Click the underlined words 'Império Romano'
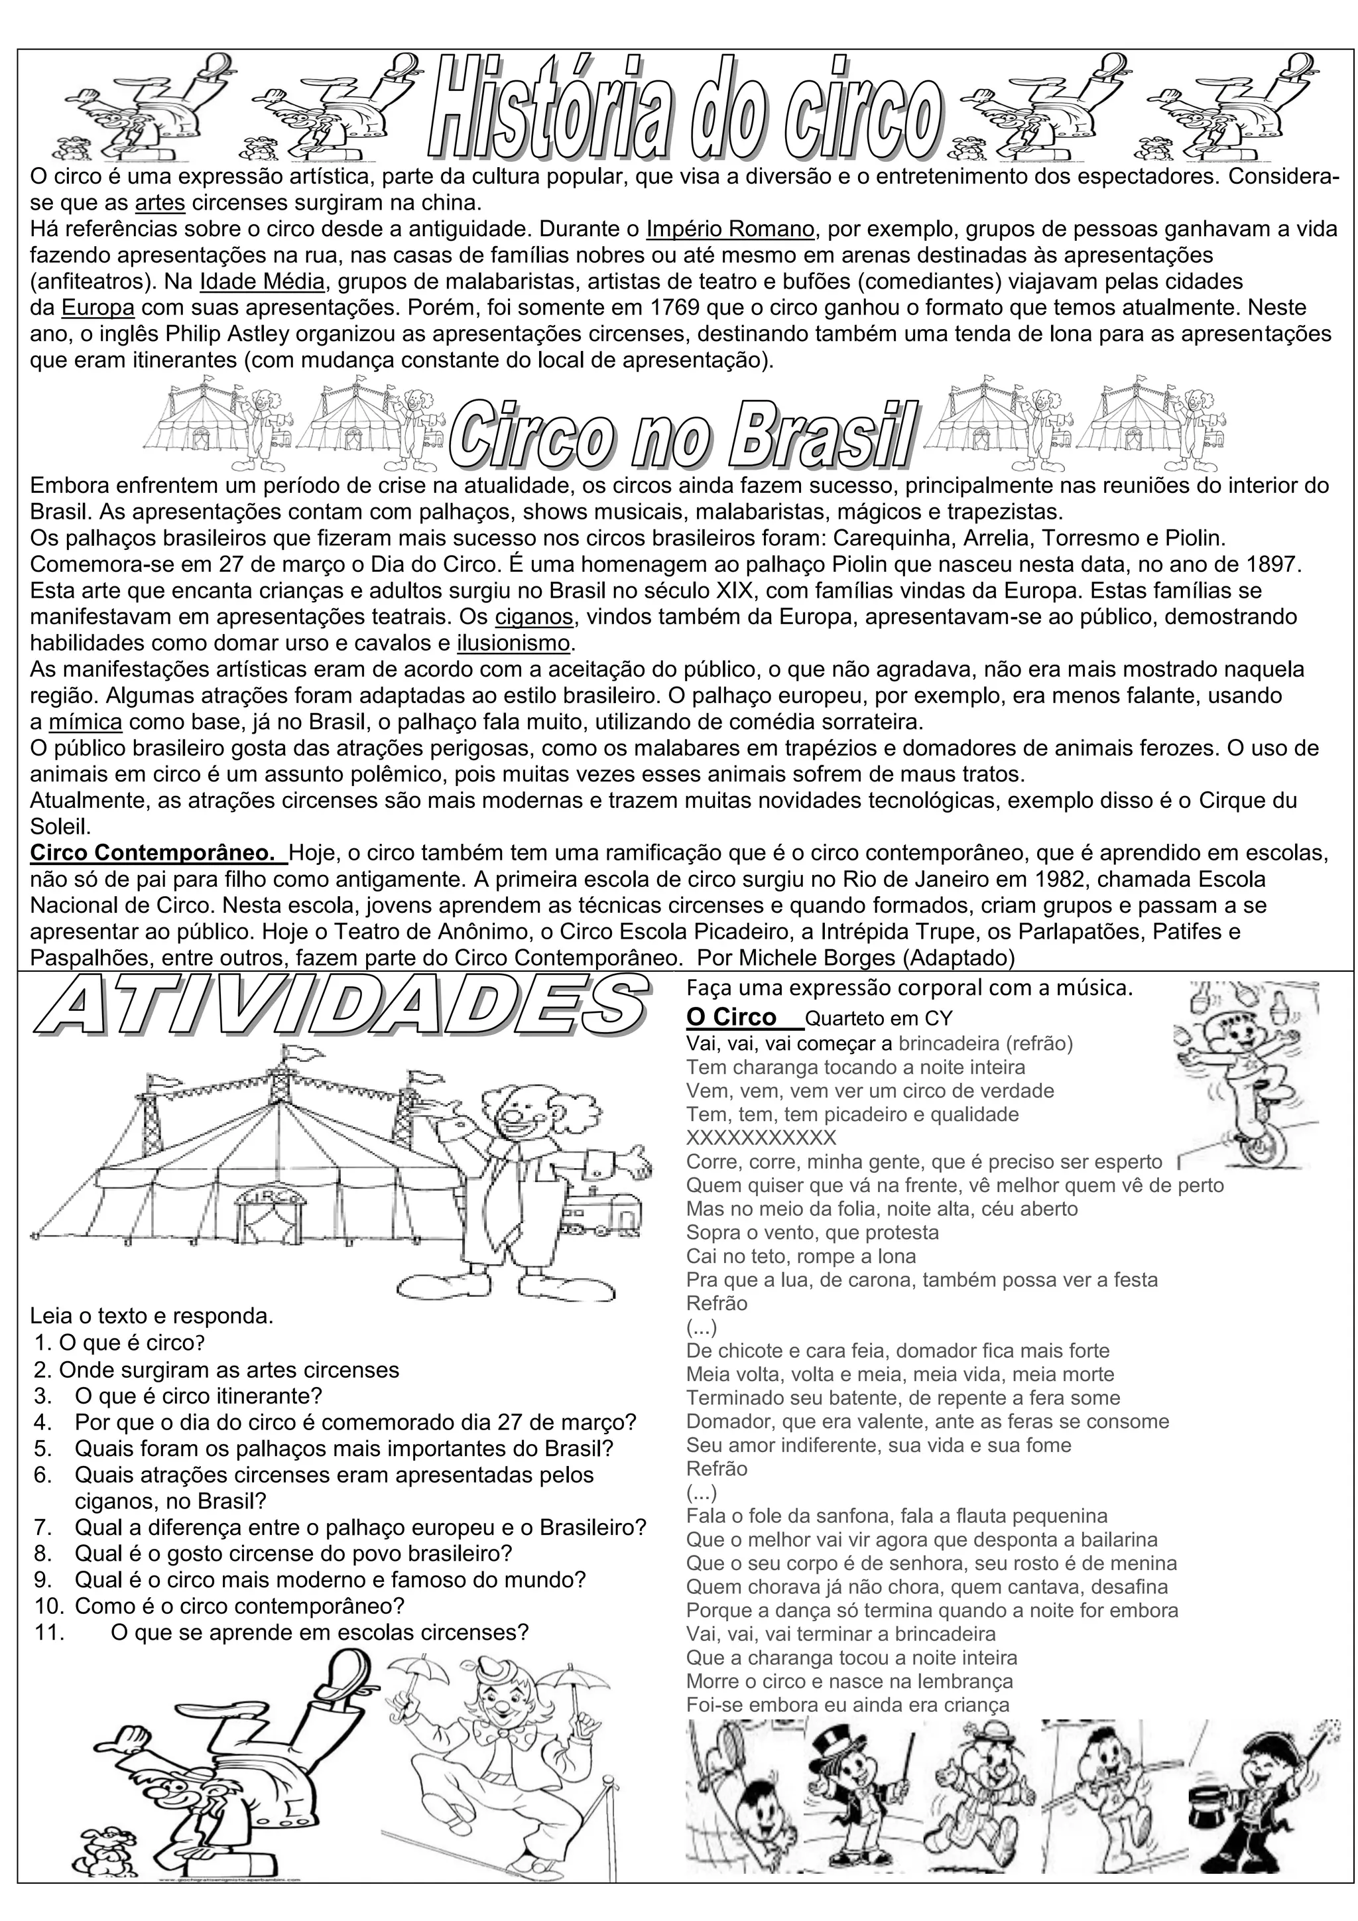(730, 228)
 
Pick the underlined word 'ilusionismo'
(513, 643)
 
